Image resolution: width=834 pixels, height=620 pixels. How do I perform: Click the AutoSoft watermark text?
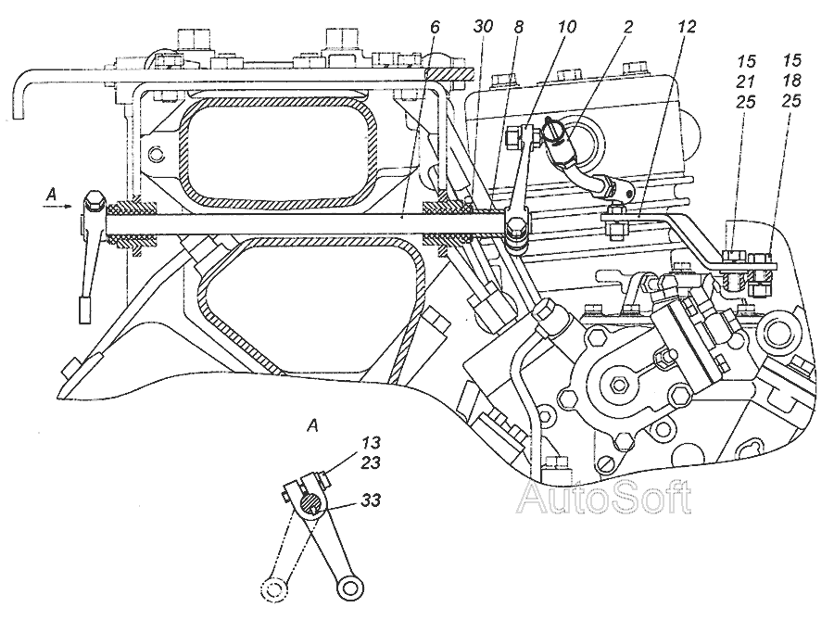coord(603,500)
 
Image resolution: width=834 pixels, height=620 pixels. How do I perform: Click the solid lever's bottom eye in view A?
coord(349,586)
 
